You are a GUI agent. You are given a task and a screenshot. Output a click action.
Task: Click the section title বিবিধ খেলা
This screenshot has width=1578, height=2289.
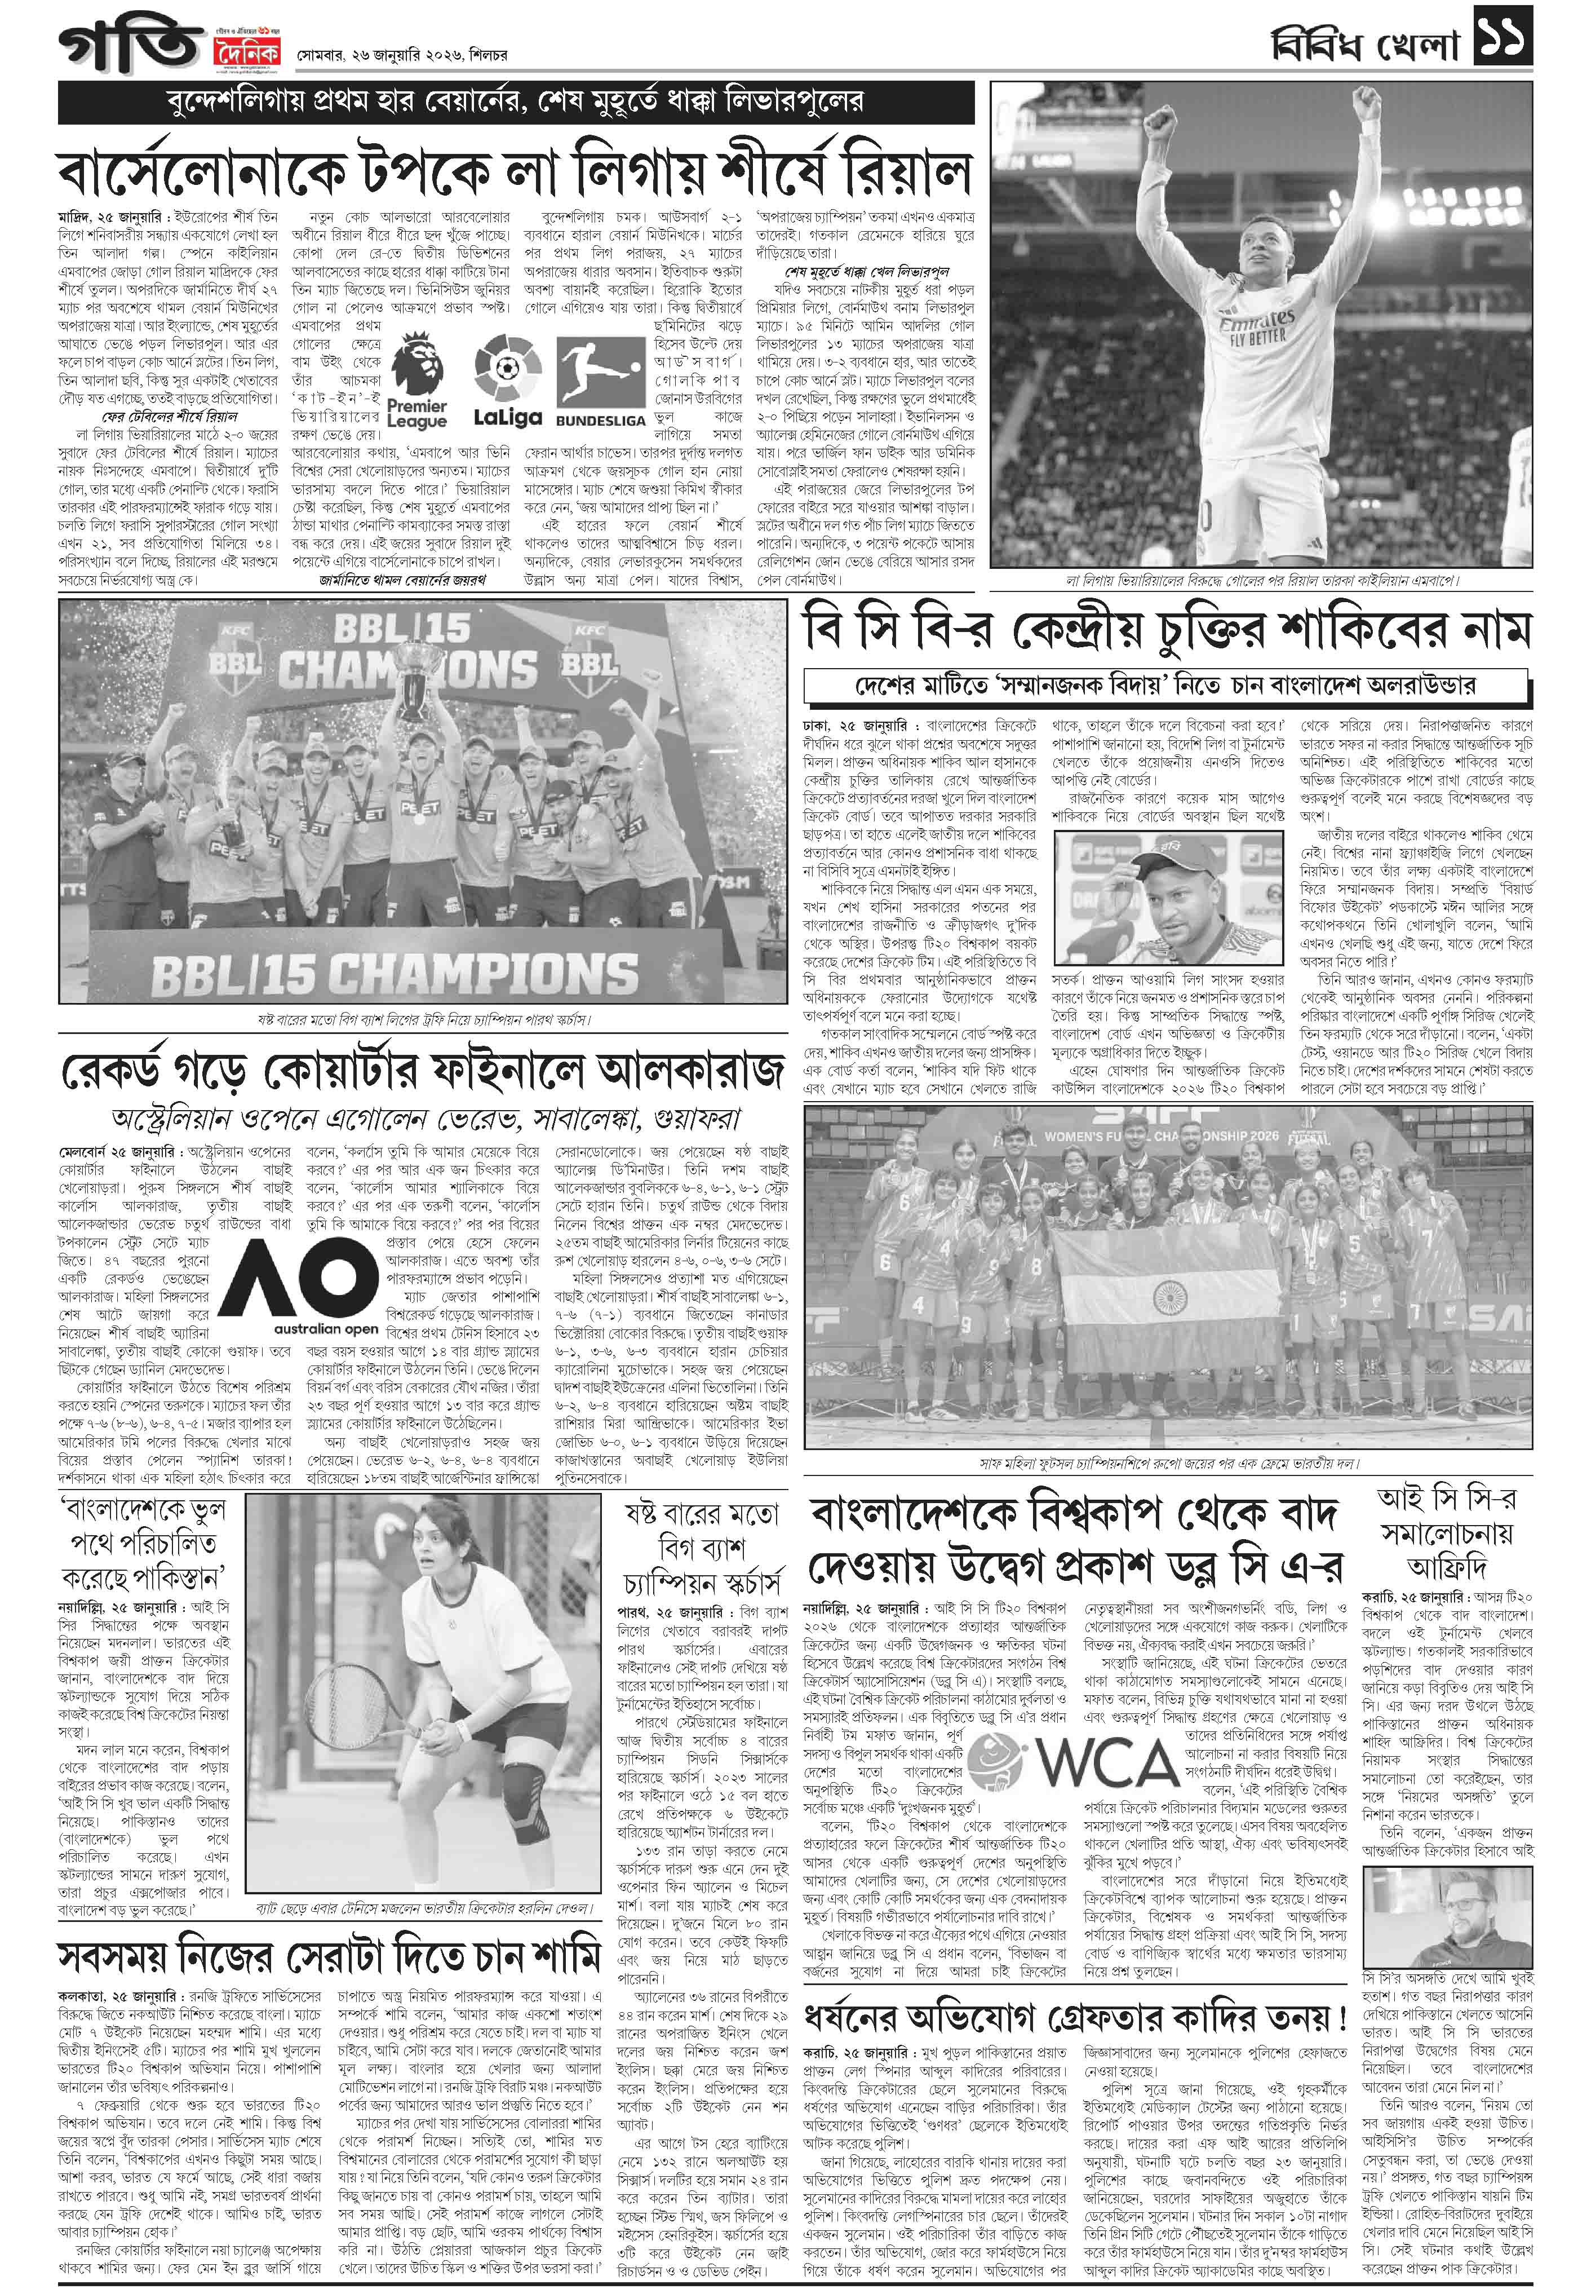pos(1364,45)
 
